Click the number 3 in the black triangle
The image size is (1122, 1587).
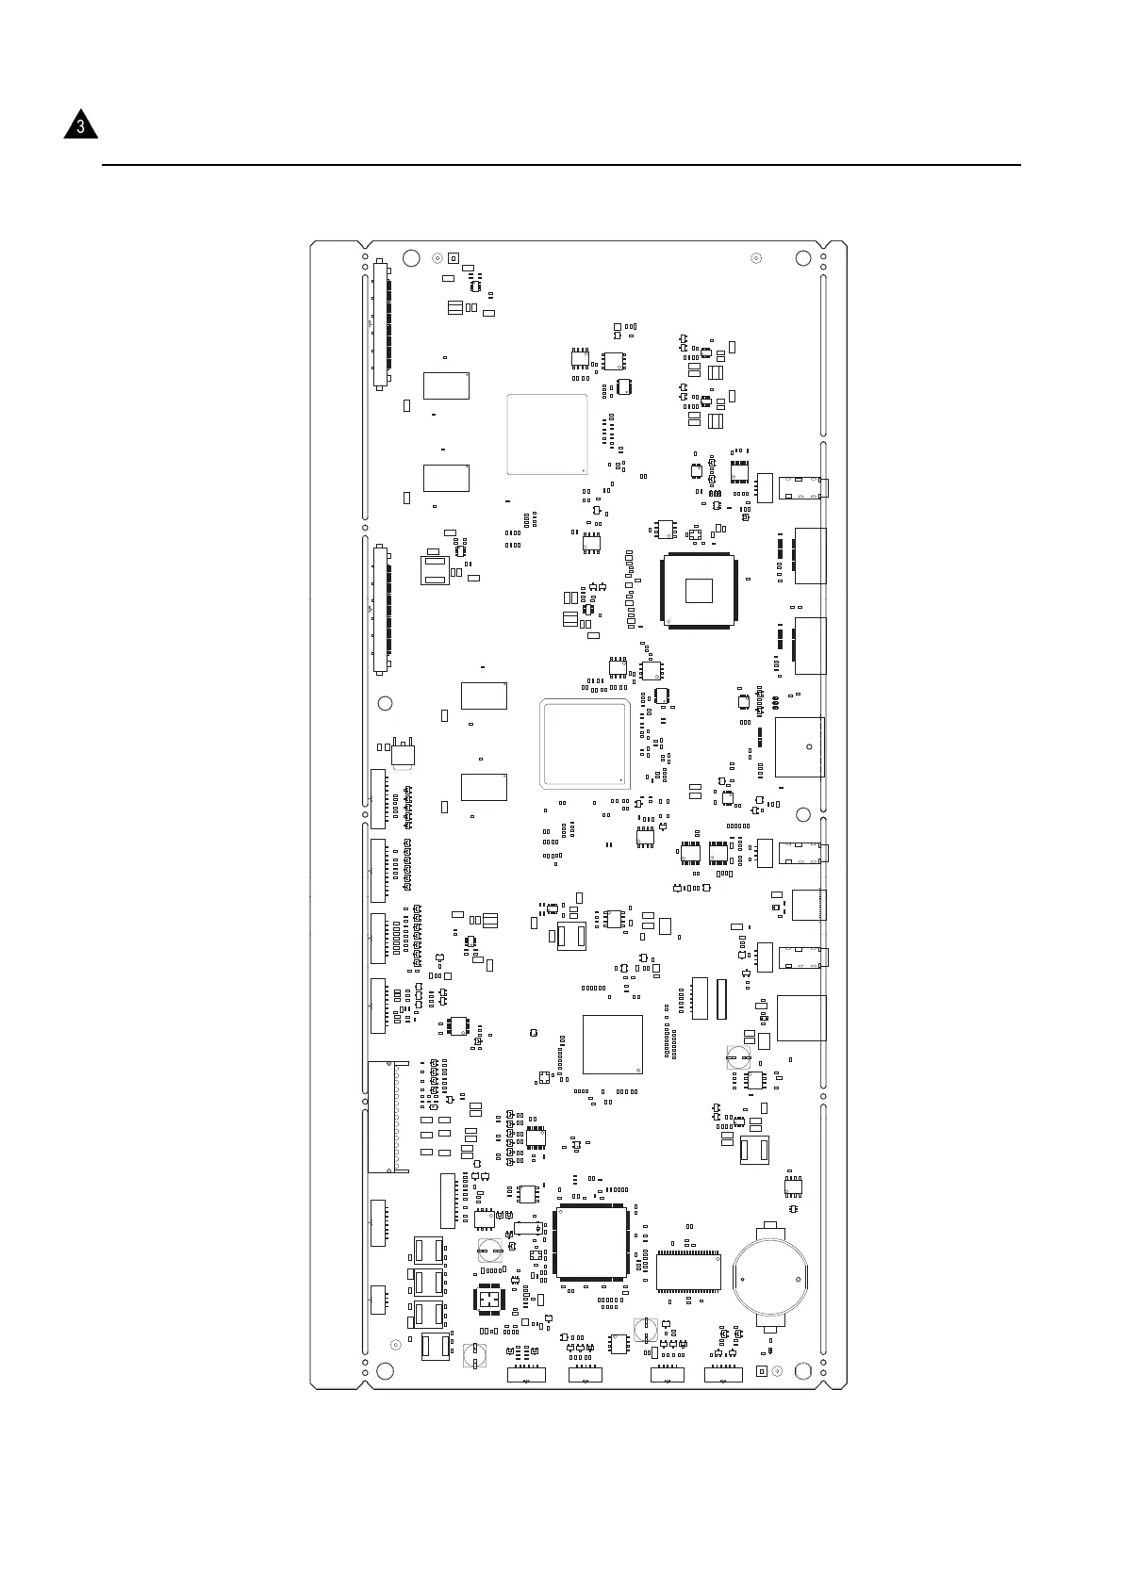(81, 126)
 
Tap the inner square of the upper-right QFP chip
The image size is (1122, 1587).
(700, 590)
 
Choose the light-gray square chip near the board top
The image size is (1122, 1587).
(547, 434)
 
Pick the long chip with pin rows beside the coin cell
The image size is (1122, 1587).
(688, 1271)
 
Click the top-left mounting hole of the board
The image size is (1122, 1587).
(410, 258)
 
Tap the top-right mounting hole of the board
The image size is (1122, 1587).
(803, 258)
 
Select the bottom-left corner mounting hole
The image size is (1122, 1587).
(384, 1371)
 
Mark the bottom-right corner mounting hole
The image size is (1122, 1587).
(803, 1371)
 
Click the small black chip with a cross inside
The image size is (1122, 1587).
(488, 1300)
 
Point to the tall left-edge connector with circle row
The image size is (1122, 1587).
(388, 1117)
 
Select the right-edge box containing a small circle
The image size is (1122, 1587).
(800, 747)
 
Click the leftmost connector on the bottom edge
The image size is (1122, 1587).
(526, 1374)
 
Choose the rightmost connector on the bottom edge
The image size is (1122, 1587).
(723, 1374)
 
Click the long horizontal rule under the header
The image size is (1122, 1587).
(561, 165)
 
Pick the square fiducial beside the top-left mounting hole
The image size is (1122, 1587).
(453, 257)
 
